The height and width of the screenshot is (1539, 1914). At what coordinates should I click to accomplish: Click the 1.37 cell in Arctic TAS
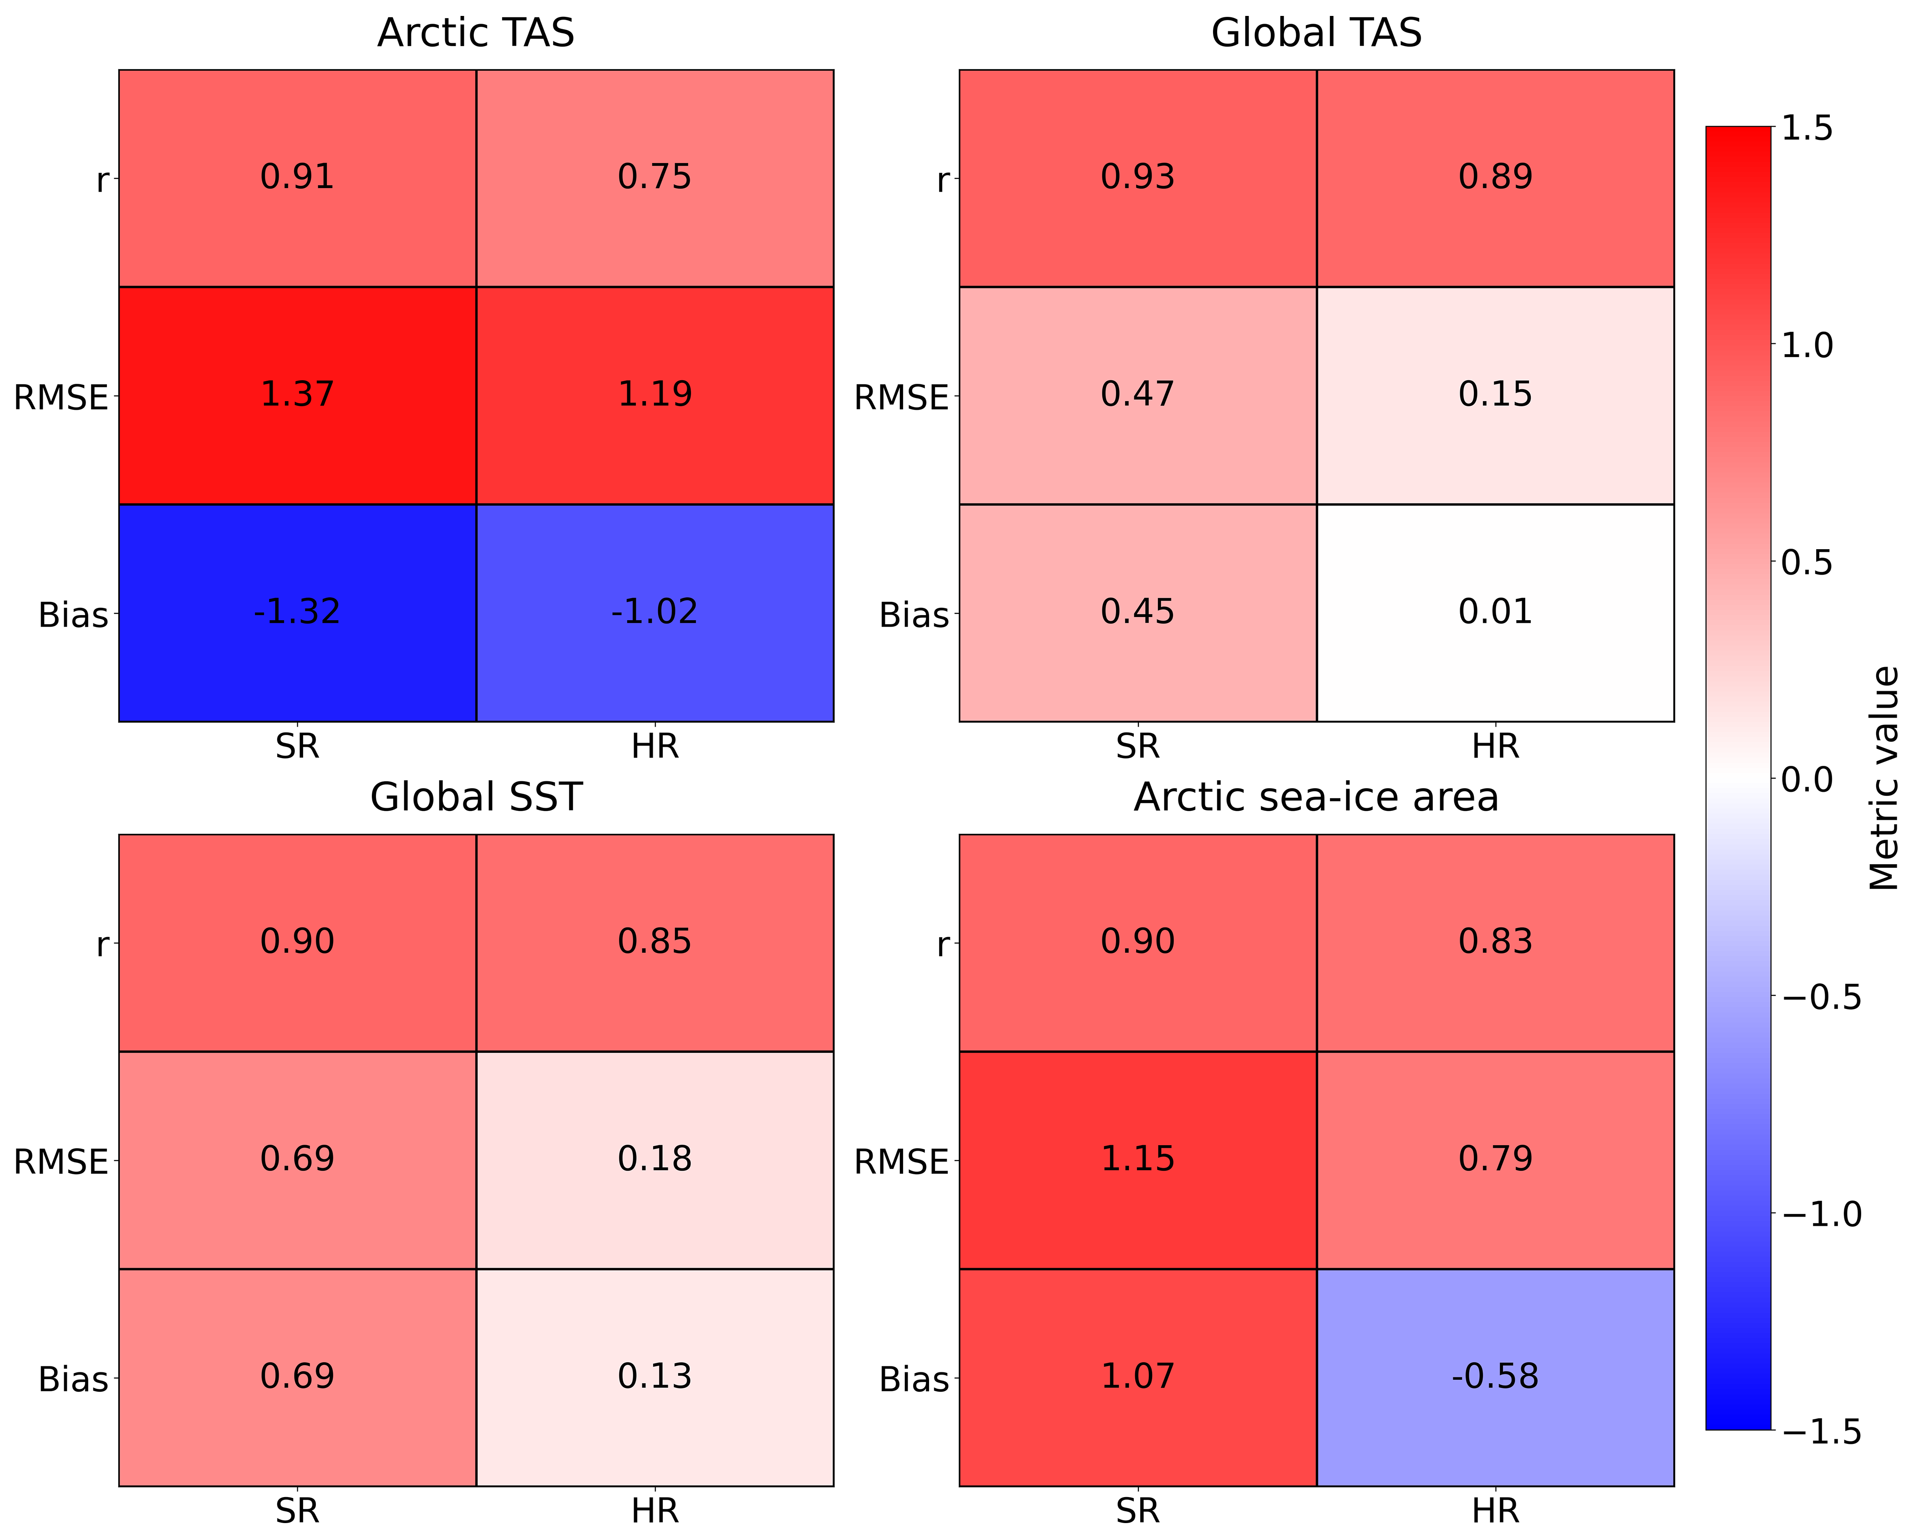(x=297, y=395)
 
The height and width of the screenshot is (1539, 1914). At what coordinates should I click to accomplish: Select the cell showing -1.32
(x=297, y=613)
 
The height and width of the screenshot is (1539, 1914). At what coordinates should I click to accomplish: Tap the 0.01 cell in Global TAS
(x=1495, y=613)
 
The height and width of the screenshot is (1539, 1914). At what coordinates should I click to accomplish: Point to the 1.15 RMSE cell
(x=1138, y=1160)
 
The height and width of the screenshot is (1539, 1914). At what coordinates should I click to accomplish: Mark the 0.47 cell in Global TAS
(x=1138, y=395)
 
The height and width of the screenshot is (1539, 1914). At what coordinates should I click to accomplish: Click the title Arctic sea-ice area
(x=1316, y=797)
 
